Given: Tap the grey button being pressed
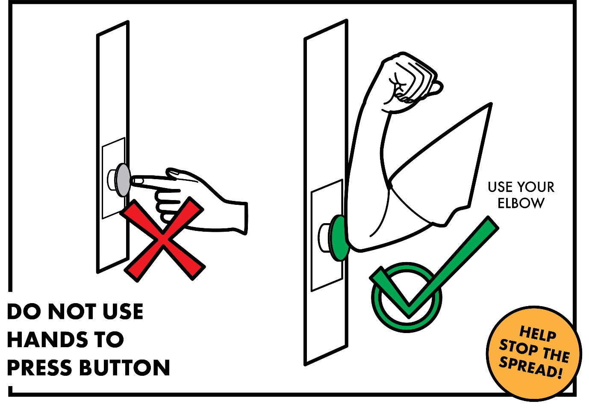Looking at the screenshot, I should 123,180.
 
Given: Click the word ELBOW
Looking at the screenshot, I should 521,204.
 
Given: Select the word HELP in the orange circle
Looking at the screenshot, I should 538,334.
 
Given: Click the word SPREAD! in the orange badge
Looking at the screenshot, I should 530,367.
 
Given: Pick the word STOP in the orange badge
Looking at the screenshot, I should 518,347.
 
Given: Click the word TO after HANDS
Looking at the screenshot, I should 109,340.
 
